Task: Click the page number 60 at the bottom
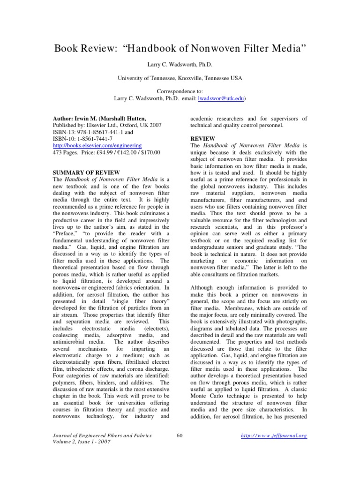point(180,435)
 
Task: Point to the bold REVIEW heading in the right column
point(202,139)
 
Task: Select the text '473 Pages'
point(62,152)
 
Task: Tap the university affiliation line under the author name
point(180,78)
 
